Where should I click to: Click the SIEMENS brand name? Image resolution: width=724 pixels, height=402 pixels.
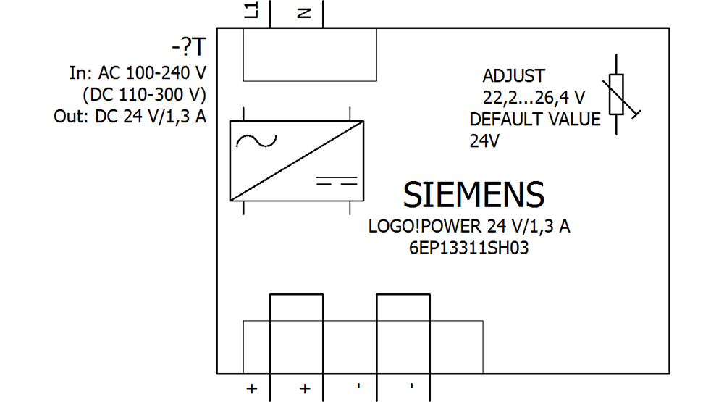pyautogui.click(x=473, y=195)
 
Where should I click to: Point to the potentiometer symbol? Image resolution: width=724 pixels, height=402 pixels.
pyautogui.click(x=617, y=94)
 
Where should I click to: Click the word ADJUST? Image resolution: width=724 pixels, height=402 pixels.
pyautogui.click(x=513, y=76)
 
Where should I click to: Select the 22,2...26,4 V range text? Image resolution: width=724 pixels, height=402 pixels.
pyautogui.click(x=534, y=96)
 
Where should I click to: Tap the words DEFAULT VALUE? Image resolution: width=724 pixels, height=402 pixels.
pyautogui.click(x=535, y=119)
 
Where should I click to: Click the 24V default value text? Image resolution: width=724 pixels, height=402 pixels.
pyautogui.click(x=484, y=141)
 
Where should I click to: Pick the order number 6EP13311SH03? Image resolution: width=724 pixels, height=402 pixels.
pyautogui.click(x=468, y=248)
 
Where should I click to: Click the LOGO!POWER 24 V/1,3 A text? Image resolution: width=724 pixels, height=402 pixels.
pyautogui.click(x=469, y=226)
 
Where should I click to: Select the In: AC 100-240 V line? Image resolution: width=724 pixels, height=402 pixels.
pyautogui.click(x=138, y=73)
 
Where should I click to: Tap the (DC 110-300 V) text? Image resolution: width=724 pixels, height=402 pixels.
pyautogui.click(x=145, y=95)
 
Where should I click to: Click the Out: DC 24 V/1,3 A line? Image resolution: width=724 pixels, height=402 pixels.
pyautogui.click(x=130, y=117)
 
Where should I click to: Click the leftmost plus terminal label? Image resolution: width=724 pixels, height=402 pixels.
pyautogui.click(x=251, y=389)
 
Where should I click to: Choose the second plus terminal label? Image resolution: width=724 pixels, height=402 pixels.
pyautogui.click(x=305, y=389)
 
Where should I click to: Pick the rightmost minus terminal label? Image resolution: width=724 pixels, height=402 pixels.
pyautogui.click(x=411, y=386)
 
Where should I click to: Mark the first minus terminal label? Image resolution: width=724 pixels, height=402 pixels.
pyautogui.click(x=358, y=386)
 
